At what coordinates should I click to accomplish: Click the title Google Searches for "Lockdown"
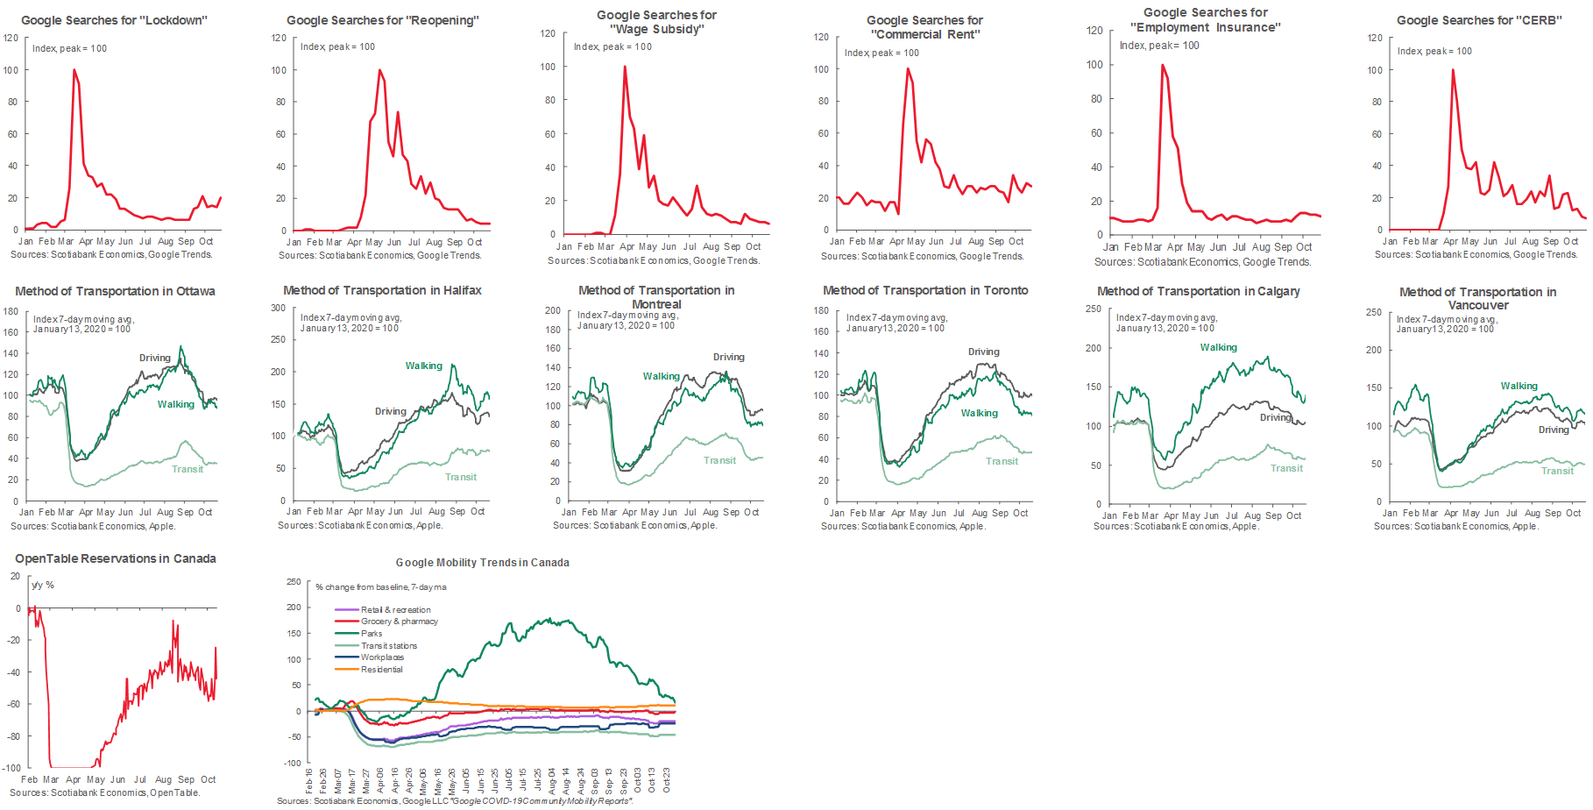point(114,20)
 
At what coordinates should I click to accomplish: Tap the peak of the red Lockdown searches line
point(74,70)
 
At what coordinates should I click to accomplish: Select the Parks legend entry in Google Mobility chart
point(372,633)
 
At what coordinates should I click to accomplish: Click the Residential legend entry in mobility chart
point(381,669)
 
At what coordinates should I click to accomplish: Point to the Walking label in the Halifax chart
point(423,366)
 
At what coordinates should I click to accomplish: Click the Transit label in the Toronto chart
point(1002,461)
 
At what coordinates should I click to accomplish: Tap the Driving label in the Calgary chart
point(1275,417)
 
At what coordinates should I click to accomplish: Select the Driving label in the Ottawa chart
point(154,358)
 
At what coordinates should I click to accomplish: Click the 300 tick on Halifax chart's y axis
point(278,308)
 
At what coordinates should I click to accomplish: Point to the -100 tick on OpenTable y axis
point(11,768)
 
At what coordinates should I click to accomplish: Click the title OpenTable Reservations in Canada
point(116,558)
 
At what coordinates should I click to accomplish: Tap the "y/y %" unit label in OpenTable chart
point(43,585)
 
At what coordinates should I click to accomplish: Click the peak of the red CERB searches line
point(1453,70)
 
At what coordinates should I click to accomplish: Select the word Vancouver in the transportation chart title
point(1478,305)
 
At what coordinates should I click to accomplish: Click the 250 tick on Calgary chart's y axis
point(1094,309)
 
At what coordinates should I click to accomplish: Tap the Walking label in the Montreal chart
point(661,376)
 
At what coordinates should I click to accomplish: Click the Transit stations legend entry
point(388,645)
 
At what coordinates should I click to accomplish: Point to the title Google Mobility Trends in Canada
point(482,563)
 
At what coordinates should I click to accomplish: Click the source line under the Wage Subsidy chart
point(653,260)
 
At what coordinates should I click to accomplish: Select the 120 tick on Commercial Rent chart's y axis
point(821,37)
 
